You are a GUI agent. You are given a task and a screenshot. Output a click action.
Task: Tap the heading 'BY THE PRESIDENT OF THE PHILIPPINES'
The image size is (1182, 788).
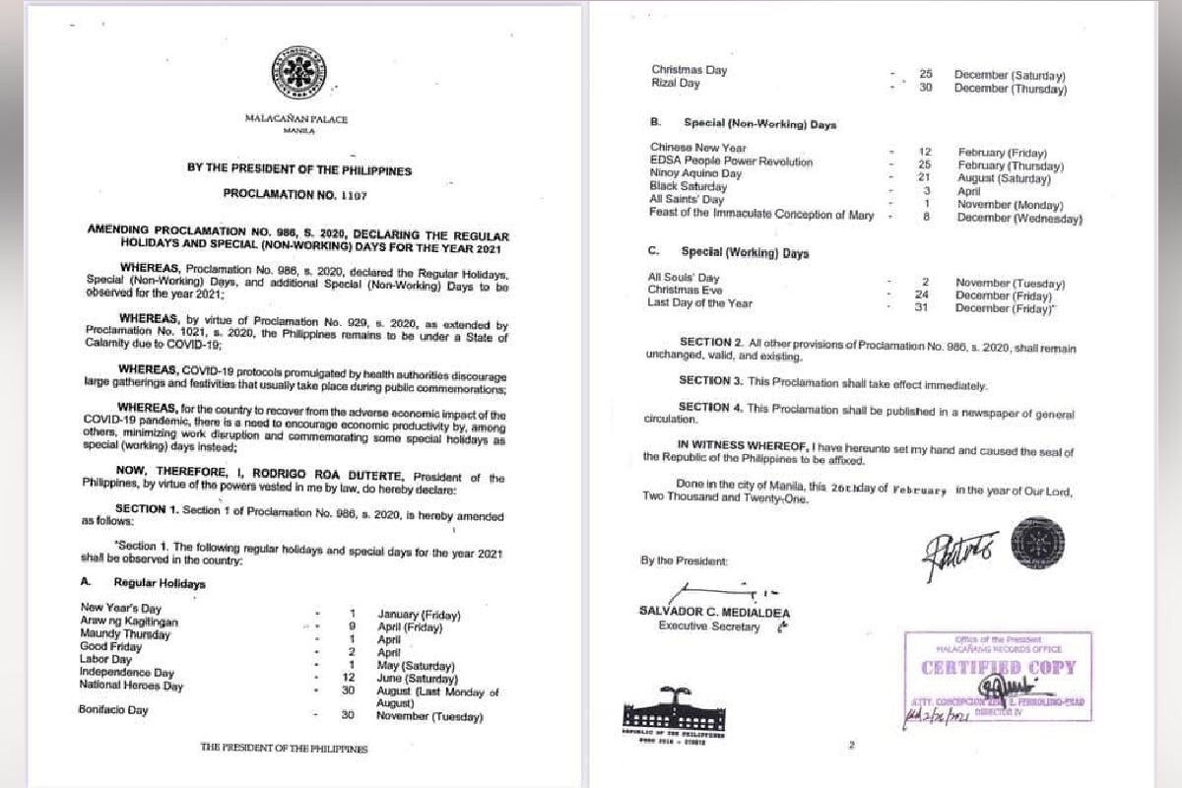tap(299, 169)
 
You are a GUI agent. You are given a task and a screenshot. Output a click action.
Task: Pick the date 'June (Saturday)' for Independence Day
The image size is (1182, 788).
tap(418, 679)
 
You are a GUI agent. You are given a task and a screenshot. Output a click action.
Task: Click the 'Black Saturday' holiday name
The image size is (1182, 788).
tap(688, 186)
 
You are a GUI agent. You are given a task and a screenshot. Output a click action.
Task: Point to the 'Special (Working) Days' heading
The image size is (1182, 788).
tap(745, 252)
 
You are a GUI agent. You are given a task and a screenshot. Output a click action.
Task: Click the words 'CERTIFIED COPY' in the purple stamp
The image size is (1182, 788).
tap(997, 668)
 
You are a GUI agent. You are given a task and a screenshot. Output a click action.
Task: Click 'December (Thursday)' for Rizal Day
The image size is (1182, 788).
tap(1010, 89)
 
